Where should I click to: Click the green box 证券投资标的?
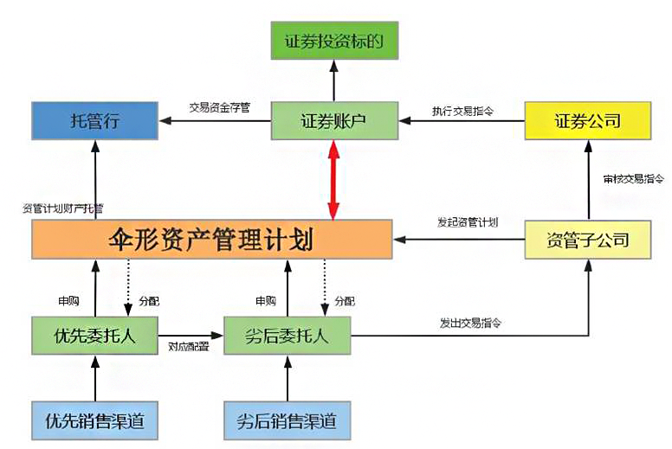[333, 40]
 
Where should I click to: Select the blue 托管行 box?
[94, 120]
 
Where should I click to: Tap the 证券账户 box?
[333, 120]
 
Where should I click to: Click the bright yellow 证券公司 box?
[587, 120]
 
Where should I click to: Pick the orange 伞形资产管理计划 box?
[211, 239]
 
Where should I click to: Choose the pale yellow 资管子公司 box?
[587, 239]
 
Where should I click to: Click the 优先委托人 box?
[95, 336]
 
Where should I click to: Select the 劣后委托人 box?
[288, 336]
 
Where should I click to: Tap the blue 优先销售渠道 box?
[95, 421]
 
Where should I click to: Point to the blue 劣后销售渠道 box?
[288, 421]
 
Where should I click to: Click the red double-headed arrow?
[333, 180]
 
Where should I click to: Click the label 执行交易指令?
[463, 110]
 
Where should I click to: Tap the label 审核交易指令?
[634, 179]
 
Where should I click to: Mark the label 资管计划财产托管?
[63, 208]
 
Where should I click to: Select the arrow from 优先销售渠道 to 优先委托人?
[95, 377]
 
